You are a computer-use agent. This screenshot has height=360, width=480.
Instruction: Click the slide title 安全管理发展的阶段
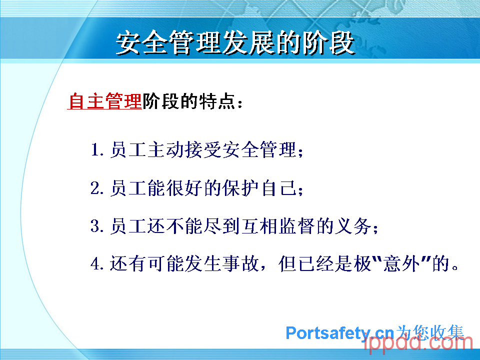[235, 43]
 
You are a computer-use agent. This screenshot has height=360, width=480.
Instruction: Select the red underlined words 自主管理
[104, 101]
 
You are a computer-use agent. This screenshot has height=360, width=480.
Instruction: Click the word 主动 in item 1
[165, 150]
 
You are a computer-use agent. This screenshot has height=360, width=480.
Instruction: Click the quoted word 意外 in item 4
[401, 264]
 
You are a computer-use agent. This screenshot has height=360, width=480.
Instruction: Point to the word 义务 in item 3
[353, 226]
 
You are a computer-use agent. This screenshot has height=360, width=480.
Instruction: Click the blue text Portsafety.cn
[340, 333]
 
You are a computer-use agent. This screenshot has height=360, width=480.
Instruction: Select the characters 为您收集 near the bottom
[430, 332]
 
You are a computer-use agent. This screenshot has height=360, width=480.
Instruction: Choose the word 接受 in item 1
[203, 150]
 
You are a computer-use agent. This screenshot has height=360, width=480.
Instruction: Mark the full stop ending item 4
[455, 267]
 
